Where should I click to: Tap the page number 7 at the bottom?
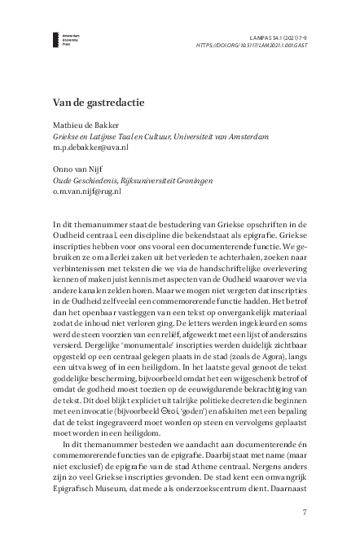tap(304, 512)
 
